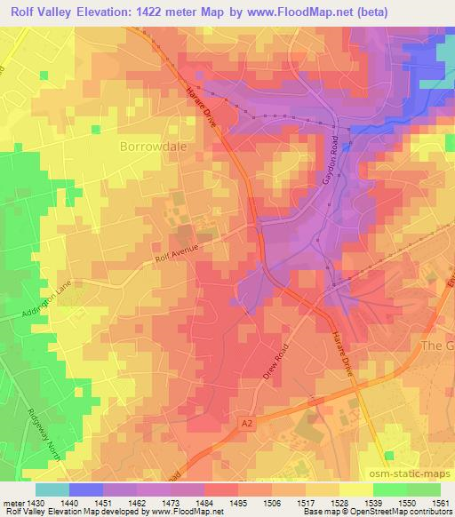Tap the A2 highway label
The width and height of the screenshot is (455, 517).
point(251,427)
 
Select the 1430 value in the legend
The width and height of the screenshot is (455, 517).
point(36,502)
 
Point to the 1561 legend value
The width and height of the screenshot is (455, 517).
point(439,502)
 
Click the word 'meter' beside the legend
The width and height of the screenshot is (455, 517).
point(12,502)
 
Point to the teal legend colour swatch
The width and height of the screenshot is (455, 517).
point(52,489)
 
